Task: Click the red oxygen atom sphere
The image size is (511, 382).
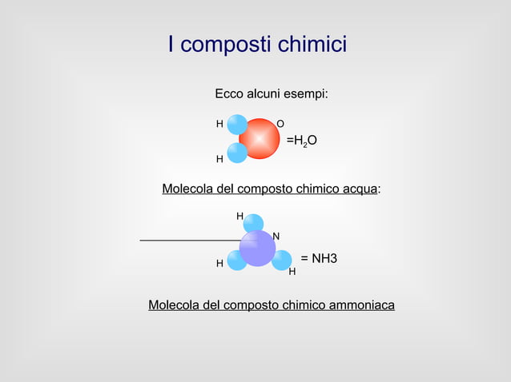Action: pos(260,139)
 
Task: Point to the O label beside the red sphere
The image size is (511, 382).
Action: pos(280,124)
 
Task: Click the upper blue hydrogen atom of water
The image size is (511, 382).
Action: pos(237,125)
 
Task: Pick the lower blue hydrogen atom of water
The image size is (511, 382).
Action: pos(237,153)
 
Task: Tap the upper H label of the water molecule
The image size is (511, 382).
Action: pos(219,124)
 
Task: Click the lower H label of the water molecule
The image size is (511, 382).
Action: pos(219,159)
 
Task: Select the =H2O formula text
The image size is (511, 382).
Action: pos(302,141)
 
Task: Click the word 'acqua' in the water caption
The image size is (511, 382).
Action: pos(360,189)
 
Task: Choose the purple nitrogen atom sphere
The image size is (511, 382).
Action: pos(257,249)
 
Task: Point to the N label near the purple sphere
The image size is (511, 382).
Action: pos(276,236)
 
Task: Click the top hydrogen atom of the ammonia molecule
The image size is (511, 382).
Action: pos(253,224)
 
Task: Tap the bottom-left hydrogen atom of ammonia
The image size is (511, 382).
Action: pos(236,261)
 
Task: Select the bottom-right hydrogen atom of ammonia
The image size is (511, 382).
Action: pos(281,261)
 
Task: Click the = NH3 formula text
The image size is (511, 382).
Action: pos(319,259)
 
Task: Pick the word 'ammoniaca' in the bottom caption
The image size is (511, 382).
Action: pos(357,305)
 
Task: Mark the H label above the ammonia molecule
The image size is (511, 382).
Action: pos(239,217)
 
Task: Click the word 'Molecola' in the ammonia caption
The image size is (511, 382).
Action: pos(175,305)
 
